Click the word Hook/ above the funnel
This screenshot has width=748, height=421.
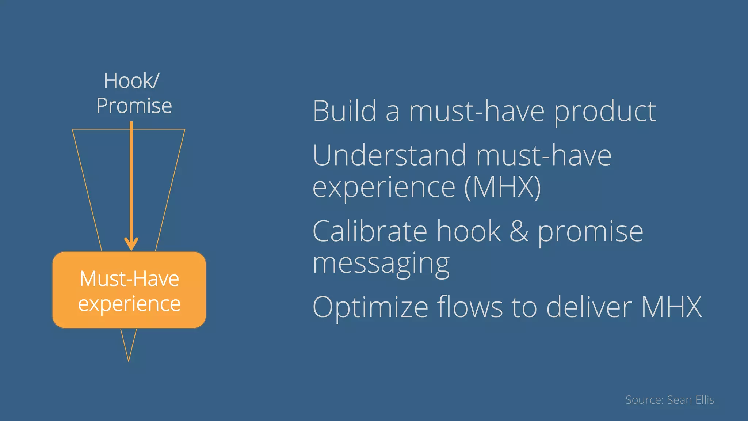[x=131, y=81]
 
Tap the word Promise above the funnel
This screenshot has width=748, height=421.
[x=134, y=106]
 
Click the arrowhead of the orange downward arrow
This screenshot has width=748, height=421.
[x=131, y=244]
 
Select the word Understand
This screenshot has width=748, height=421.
[x=389, y=155]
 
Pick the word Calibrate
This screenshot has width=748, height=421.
[x=370, y=231]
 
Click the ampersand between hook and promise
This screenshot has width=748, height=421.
[x=519, y=231]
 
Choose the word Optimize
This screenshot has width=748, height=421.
[x=370, y=307]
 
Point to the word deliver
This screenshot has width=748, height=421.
[x=589, y=307]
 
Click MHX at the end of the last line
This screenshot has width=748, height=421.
[x=671, y=307]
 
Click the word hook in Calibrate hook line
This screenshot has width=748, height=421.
[x=469, y=231]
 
